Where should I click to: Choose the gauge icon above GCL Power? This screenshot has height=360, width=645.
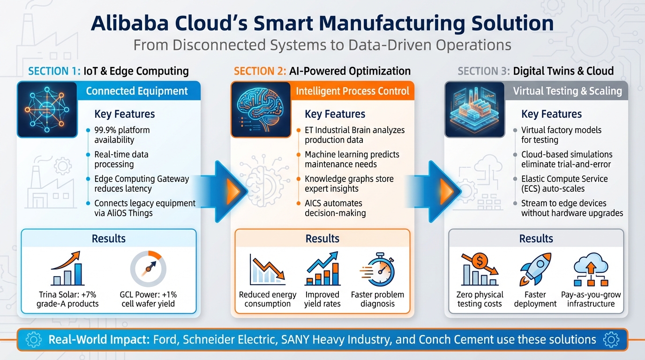coord(148,269)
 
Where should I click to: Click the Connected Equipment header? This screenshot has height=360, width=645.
coord(137,91)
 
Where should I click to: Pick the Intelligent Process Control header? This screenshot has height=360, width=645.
coord(352,91)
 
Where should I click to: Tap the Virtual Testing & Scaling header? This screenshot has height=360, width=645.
coord(567,91)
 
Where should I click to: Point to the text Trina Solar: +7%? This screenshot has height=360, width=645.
coord(67,295)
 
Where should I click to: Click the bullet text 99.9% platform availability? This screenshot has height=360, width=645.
coord(122,135)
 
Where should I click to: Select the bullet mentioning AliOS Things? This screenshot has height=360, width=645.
coord(145,208)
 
